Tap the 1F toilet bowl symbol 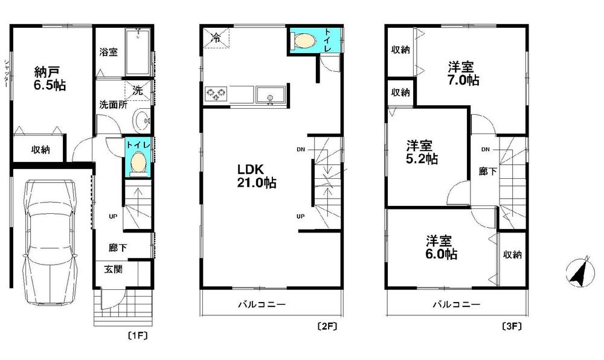coord(138,161)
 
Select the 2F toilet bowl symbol coord(304,40)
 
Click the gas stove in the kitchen coord(216,94)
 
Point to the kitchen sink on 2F coord(271,94)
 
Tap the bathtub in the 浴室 coord(138,52)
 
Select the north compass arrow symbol coord(579,271)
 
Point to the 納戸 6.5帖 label coord(50,78)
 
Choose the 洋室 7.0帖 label coord(463,74)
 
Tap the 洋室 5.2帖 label coord(422,152)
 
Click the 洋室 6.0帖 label coord(441,248)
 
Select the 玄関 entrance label coord(114,269)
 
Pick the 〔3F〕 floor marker coord(512,327)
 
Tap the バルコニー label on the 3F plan coord(457,304)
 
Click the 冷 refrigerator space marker coord(216,37)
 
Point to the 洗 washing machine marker coord(138,91)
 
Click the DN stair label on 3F coord(486,149)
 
